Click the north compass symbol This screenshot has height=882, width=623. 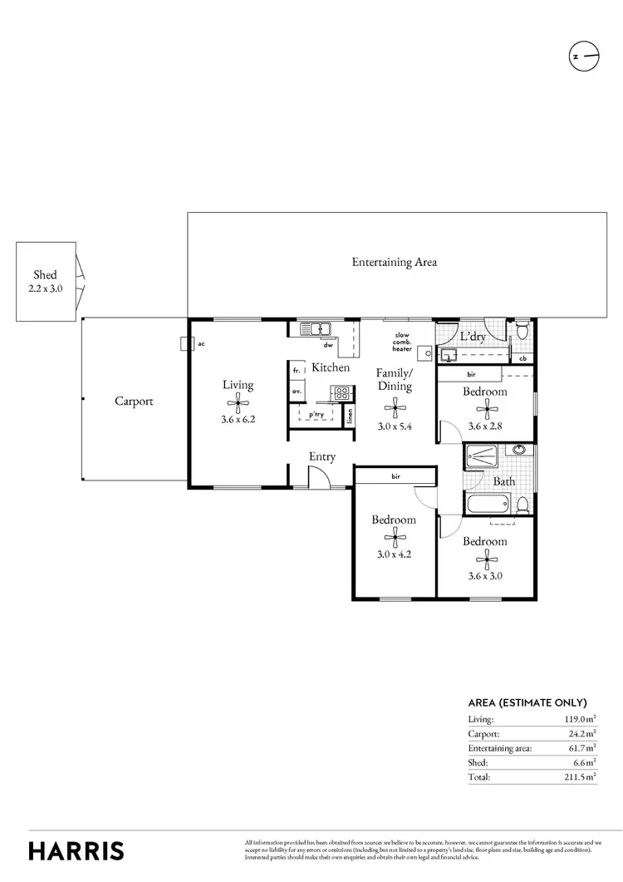tap(584, 57)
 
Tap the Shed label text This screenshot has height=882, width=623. tap(45, 274)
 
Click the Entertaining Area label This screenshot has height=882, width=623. tap(394, 262)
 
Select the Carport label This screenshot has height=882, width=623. tap(134, 401)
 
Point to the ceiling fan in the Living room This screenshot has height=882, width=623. tap(238, 404)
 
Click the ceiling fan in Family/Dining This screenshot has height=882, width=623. tap(394, 405)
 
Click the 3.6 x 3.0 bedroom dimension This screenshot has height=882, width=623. tap(484, 574)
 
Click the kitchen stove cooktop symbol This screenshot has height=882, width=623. tap(340, 392)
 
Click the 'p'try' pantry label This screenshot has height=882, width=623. tap(316, 413)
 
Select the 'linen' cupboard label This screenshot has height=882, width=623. tap(350, 415)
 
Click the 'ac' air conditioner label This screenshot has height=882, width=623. tap(201, 342)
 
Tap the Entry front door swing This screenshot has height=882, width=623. tap(319, 477)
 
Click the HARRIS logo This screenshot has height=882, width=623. tap(76, 850)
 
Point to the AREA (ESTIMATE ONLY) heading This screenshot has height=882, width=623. tap(527, 702)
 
